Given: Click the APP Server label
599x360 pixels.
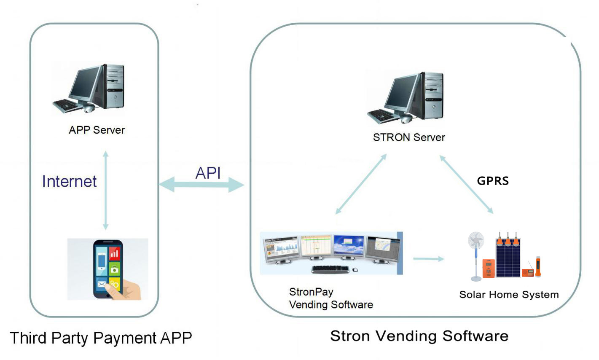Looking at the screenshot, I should pyautogui.click(x=97, y=130).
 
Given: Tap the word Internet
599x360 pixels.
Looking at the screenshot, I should pyautogui.click(x=70, y=181).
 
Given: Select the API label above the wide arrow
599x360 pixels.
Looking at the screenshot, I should pyautogui.click(x=208, y=173).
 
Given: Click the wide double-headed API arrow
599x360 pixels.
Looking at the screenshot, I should pyautogui.click(x=201, y=185).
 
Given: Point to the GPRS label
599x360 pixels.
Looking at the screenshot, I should pyautogui.click(x=493, y=181).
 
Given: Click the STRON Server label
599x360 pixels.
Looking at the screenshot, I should pyautogui.click(x=409, y=137).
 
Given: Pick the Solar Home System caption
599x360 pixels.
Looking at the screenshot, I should pyautogui.click(x=509, y=294).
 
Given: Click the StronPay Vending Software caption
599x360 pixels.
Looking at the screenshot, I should pyautogui.click(x=331, y=298).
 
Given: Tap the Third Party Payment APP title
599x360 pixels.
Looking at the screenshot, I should pyautogui.click(x=101, y=338).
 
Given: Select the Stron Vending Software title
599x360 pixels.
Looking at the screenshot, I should pyautogui.click(x=419, y=336).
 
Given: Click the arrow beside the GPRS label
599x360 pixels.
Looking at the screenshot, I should pyautogui.click(x=466, y=184).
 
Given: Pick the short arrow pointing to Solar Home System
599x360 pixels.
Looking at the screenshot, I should pyautogui.click(x=428, y=258).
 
